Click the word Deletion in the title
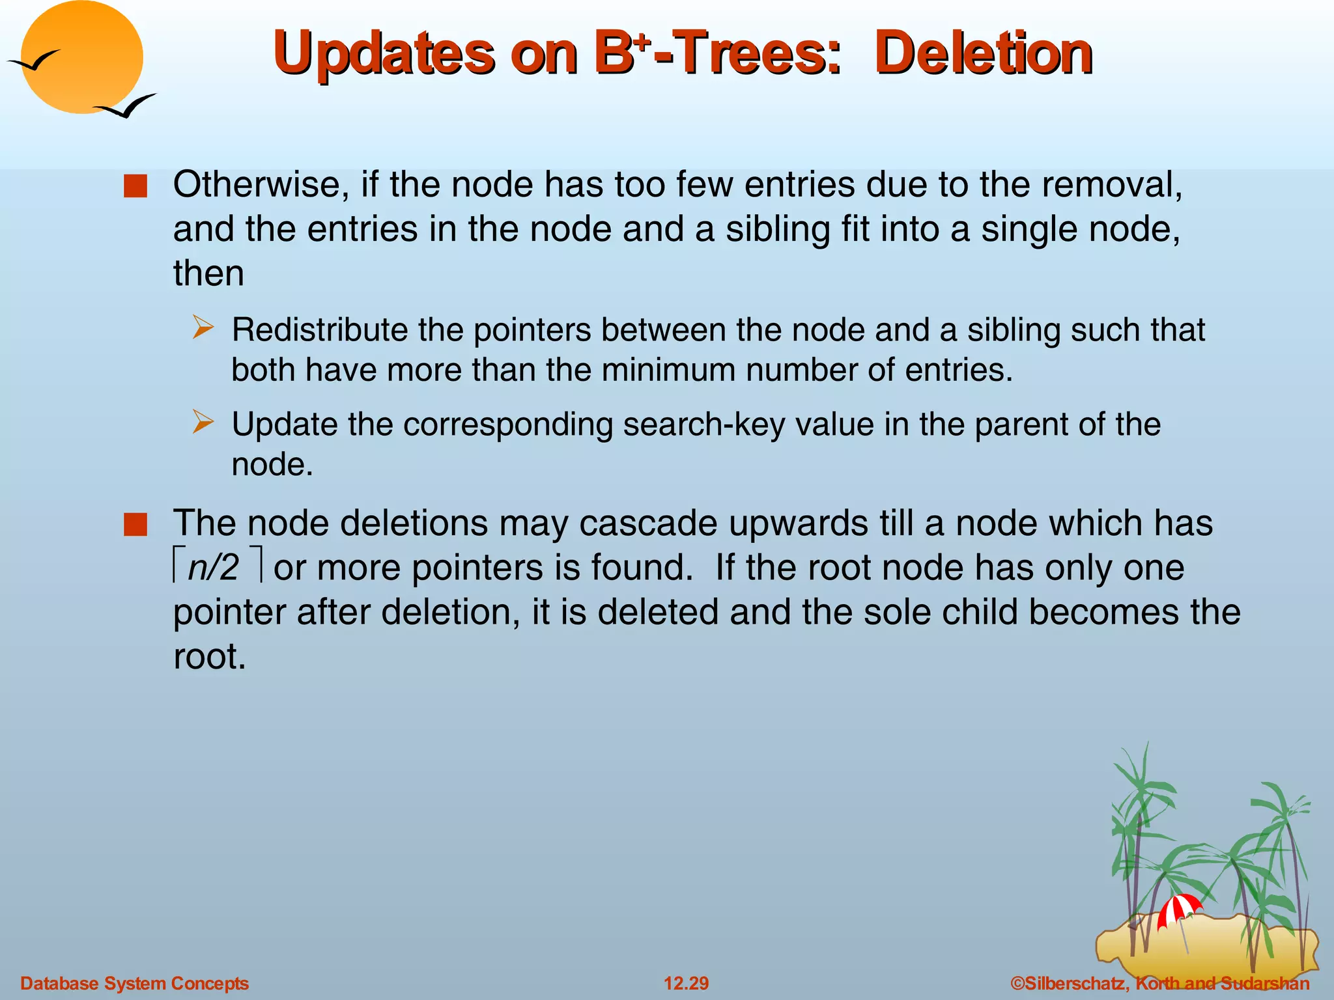coord(984,53)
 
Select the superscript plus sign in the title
coord(641,41)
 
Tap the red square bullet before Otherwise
coord(135,187)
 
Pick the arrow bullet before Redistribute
coord(203,327)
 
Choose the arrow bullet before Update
coord(203,422)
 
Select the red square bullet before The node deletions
coord(135,525)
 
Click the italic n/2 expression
coord(214,568)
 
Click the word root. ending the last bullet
coord(209,656)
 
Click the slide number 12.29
coord(686,983)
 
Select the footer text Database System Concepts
coord(134,983)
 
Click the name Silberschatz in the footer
coord(1075,983)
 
